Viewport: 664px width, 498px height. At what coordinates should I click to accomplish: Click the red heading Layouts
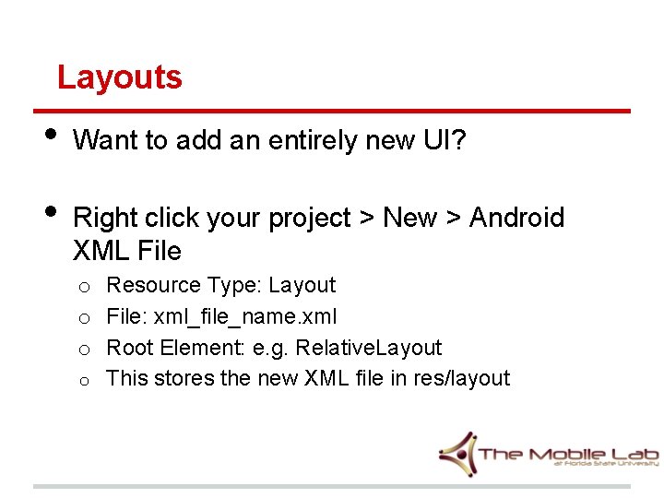[x=120, y=77]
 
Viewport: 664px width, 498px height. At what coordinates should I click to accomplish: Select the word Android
[x=516, y=218]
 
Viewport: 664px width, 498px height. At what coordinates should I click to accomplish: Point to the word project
[x=310, y=219]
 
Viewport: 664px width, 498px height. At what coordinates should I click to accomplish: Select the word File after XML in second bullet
[x=158, y=251]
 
